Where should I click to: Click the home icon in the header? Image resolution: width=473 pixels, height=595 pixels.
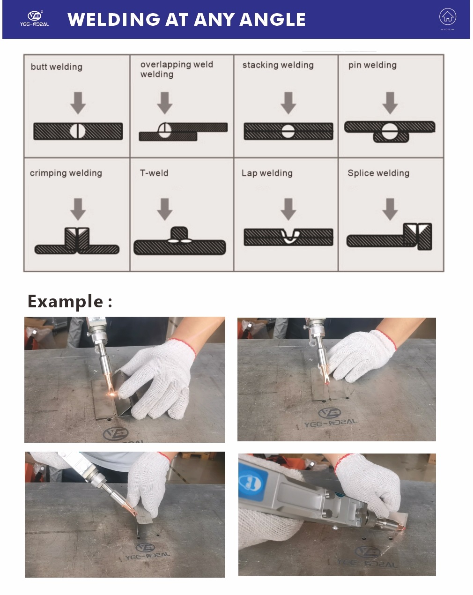click(447, 17)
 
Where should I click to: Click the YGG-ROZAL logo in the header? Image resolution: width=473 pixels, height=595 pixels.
click(34, 19)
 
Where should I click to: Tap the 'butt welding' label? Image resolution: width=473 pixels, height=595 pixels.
click(56, 67)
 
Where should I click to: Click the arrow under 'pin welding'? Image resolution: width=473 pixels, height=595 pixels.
click(390, 103)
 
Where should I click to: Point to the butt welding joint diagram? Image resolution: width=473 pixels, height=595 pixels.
click(78, 131)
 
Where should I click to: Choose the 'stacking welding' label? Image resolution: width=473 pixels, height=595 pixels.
click(278, 65)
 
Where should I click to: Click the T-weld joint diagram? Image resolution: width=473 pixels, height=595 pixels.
click(179, 242)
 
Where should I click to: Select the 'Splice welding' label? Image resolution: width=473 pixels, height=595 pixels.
click(378, 173)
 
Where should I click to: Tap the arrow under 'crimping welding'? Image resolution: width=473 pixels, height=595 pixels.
click(78, 209)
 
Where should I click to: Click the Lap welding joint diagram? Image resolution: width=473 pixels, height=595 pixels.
click(288, 237)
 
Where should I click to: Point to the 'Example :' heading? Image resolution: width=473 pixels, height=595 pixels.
click(70, 301)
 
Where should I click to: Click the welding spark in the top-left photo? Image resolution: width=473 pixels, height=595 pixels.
click(112, 394)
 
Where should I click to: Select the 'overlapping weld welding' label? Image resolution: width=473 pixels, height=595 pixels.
click(176, 69)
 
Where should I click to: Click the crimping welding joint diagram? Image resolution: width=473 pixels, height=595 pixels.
click(77, 241)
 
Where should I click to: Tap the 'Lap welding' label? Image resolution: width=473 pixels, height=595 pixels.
click(267, 173)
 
